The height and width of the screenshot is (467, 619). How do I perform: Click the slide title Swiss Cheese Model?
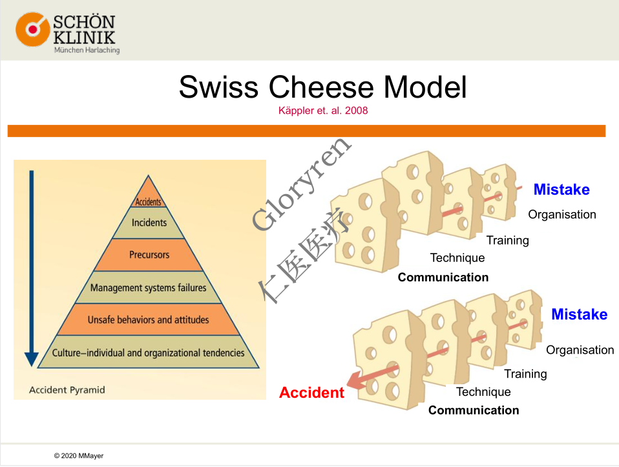pos(322,87)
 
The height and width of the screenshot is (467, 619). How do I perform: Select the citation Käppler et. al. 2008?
pos(322,111)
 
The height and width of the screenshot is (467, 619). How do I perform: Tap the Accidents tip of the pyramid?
pos(148,202)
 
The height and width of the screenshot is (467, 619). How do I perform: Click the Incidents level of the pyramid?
pos(149,223)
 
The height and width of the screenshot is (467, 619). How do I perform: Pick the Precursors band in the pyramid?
pos(149,255)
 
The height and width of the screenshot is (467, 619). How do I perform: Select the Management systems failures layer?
pos(148,287)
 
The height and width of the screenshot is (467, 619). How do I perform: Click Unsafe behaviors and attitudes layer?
pos(148,320)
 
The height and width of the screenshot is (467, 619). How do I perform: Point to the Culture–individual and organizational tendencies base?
pos(148,353)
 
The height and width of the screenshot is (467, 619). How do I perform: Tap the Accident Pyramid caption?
pos(67,390)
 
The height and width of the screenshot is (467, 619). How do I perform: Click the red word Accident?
pos(311,393)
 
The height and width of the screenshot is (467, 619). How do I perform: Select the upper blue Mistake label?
pos(561,190)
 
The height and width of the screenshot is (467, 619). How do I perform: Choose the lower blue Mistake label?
pos(579,314)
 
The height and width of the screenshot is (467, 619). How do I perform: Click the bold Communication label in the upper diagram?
pos(443,277)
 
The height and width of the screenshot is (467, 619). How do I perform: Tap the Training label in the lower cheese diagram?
pos(525,374)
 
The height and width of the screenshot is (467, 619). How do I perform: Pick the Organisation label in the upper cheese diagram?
pos(561,215)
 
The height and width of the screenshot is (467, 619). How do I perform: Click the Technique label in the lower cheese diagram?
pos(483,392)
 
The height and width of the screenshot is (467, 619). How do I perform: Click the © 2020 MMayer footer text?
pos(78,456)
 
